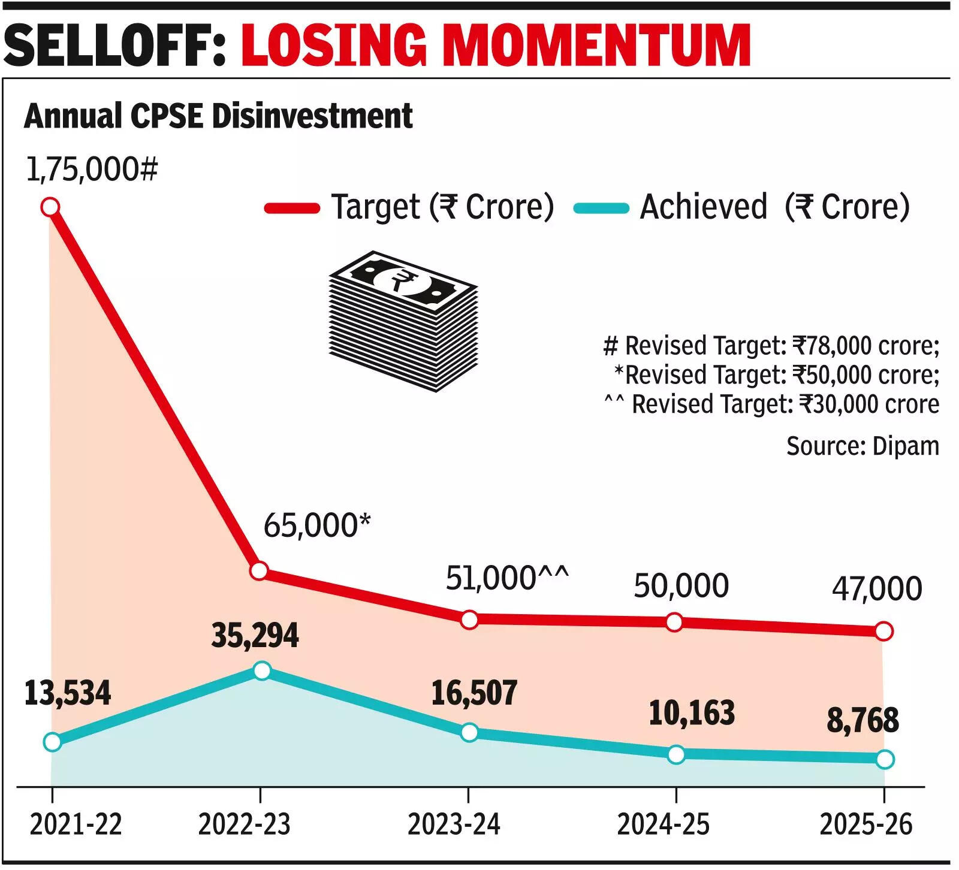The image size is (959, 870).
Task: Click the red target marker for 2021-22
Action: point(50,207)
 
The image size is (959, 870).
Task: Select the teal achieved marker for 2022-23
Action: point(262,670)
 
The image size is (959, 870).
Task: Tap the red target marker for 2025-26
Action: point(883,631)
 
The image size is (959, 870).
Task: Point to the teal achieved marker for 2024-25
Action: point(675,754)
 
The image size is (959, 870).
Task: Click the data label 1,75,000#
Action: point(92,170)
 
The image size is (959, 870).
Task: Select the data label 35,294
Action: point(255,636)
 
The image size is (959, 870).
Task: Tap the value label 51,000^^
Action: point(507,578)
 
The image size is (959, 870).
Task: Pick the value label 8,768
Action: point(863,720)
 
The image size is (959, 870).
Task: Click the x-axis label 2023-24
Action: point(454,824)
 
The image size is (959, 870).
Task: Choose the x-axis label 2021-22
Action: point(76,824)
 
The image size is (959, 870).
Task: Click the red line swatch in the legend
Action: point(292,208)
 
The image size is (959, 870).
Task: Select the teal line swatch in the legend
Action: point(601,208)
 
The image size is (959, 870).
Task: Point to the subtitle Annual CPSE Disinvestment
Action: point(218,116)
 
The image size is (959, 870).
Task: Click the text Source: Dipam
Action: point(863,446)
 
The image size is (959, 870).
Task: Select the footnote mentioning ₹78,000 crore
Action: point(771,346)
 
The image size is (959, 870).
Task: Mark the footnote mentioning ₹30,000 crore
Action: point(772,404)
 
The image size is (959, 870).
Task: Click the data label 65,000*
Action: point(317,525)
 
